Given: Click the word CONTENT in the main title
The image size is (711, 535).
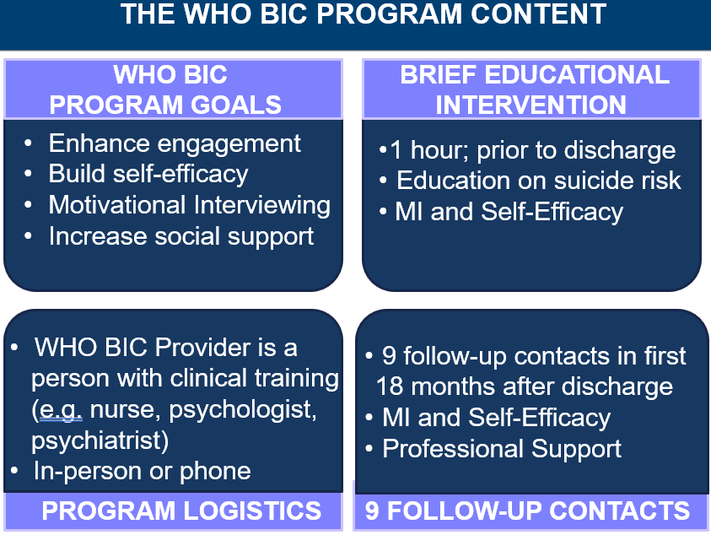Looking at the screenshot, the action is [538, 14].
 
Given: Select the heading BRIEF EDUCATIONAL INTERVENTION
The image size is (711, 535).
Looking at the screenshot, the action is [534, 89].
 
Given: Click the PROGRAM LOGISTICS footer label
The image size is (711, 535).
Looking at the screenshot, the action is [181, 511].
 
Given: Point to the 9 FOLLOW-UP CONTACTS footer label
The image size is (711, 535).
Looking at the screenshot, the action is [527, 511].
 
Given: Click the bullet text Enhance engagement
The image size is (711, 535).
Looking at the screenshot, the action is [175, 144].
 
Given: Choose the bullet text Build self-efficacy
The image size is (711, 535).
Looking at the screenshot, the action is [148, 174].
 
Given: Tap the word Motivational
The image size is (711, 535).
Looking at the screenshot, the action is [117, 205].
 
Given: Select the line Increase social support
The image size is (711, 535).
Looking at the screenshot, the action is [181, 236].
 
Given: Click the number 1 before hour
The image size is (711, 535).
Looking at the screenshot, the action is [396, 150].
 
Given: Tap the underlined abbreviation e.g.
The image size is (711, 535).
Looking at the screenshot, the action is [62, 410].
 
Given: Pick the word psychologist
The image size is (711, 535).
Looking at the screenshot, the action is [243, 410].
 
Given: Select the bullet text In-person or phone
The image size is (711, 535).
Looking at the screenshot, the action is [142, 472].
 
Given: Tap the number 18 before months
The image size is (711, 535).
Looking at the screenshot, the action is [390, 386].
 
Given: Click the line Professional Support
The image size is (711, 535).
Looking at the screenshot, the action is [502, 449].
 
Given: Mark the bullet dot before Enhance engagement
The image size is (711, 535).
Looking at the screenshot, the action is [28, 143].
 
